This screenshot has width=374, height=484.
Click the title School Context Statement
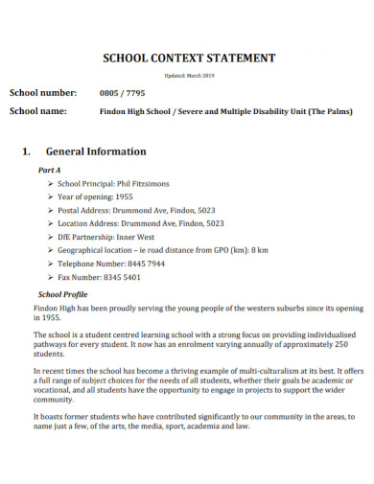coord(188,58)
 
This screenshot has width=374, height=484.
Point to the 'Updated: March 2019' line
coord(188,76)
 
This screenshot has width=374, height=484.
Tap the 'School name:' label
coord(38,111)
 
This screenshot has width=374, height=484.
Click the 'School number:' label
coord(42,93)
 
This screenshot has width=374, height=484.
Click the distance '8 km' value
coord(259,250)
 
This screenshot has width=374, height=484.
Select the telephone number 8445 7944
coord(143,264)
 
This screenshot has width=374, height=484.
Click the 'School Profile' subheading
coord(62,294)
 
